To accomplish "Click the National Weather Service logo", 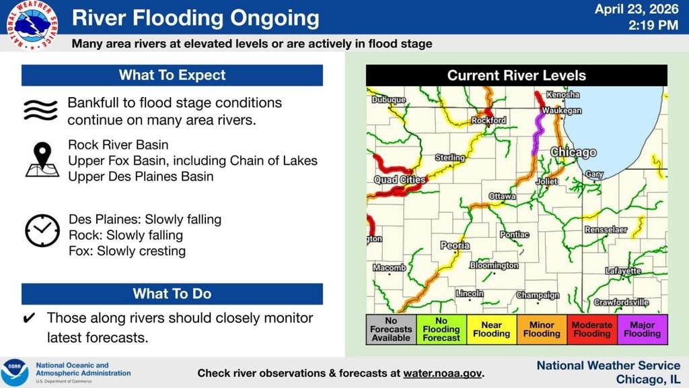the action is (32, 25).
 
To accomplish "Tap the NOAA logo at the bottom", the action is (15, 373).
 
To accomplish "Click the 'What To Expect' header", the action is (172, 75).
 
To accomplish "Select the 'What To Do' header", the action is (172, 294).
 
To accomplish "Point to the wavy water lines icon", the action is (40, 110).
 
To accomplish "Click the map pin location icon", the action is (42, 160).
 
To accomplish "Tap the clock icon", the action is (42, 230).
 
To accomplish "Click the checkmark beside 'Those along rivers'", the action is (29, 318).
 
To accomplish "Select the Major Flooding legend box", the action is (643, 329).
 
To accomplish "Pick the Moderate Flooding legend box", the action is (592, 329).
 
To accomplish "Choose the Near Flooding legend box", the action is (492, 329).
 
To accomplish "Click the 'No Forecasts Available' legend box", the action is (391, 329).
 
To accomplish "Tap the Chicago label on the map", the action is (573, 152).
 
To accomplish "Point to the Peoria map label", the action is (456, 245).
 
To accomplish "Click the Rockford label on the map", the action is (489, 120).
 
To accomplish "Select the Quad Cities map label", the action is (400, 179).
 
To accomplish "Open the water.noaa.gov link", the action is (443, 373).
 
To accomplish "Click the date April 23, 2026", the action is (637, 9).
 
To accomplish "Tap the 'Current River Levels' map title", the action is (517, 75).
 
